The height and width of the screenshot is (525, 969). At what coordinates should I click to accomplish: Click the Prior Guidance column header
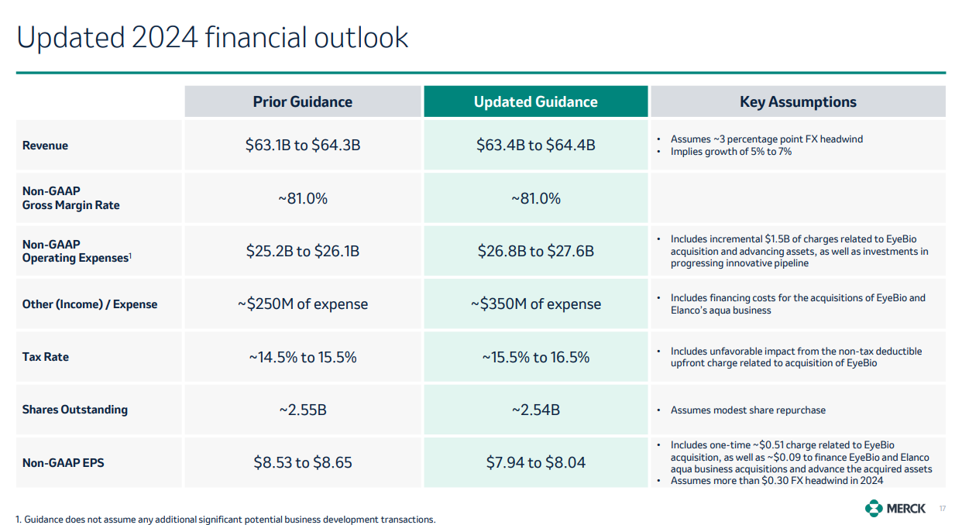pos(302,102)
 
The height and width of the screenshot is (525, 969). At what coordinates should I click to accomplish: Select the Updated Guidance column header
pos(535,102)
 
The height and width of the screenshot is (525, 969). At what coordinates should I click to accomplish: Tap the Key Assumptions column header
pos(798,102)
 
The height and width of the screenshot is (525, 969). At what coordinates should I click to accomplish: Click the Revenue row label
pos(45,146)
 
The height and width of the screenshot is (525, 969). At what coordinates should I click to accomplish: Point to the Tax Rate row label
pos(45,357)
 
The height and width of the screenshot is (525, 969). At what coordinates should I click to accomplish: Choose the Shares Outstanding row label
pos(74,410)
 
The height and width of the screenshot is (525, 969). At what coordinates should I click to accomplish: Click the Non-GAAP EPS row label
pos(63,463)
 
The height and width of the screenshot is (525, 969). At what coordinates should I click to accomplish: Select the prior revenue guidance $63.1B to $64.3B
pos(302,146)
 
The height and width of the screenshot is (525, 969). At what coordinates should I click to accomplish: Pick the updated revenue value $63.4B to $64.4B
pos(535,146)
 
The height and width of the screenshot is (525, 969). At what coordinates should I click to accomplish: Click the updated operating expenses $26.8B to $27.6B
pos(535,252)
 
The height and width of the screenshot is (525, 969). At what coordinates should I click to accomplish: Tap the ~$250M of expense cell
pos(302,304)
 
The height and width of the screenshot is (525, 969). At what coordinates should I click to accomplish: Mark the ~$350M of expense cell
pos(535,304)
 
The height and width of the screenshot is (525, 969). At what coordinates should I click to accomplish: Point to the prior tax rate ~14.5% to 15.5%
pos(302,357)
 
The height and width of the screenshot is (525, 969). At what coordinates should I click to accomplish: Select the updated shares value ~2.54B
pos(535,410)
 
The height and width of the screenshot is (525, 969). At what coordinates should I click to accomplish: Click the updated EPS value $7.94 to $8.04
pos(535,463)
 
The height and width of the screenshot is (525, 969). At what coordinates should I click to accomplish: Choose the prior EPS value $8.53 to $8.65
pos(302,463)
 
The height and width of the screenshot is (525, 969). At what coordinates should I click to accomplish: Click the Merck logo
pos(895,508)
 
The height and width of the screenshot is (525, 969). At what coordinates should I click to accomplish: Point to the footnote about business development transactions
pos(225,520)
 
